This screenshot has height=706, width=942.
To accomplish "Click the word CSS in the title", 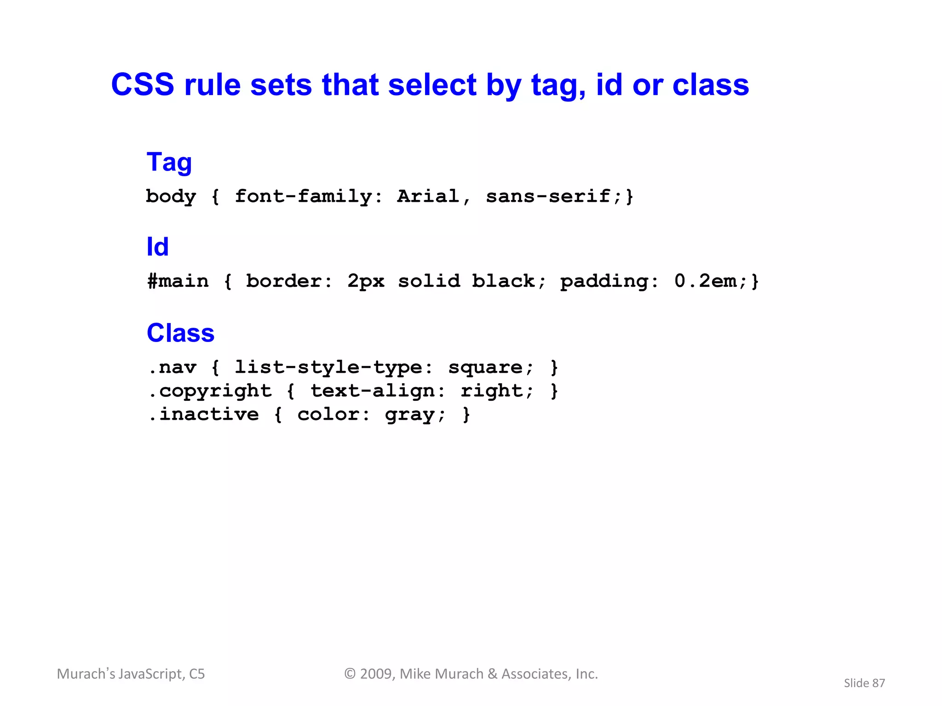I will coord(143,85).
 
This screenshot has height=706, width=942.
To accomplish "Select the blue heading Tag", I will coord(169,162).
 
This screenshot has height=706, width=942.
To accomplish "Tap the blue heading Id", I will coord(157,247).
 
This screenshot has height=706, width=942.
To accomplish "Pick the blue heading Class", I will coord(180,333).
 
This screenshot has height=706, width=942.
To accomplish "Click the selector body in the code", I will coord(171,197).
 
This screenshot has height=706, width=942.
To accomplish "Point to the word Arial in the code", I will coord(428,196).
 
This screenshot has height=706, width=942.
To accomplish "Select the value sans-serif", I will coord(548,196).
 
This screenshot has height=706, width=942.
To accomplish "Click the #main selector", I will coord(178,281).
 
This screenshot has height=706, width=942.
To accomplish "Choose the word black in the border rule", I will coord(503,281).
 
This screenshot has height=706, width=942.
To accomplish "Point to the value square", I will coord(485,368).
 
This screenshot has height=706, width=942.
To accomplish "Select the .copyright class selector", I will coord(210,391).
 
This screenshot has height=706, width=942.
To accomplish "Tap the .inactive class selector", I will coord(204,415).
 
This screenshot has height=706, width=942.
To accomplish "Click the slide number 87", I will coord(878,683).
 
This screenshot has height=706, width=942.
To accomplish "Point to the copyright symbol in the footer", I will coord(350,674).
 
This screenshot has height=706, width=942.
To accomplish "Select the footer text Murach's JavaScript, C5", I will coord(131,674).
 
